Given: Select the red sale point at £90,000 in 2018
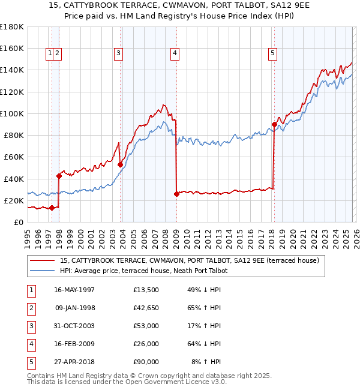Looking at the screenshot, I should (x=274, y=124).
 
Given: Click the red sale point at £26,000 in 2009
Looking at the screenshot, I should (x=176, y=194).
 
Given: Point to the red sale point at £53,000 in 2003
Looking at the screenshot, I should (x=121, y=164).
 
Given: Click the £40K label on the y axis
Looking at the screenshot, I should (x=14, y=179).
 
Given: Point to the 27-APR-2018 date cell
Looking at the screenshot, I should (x=74, y=362).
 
